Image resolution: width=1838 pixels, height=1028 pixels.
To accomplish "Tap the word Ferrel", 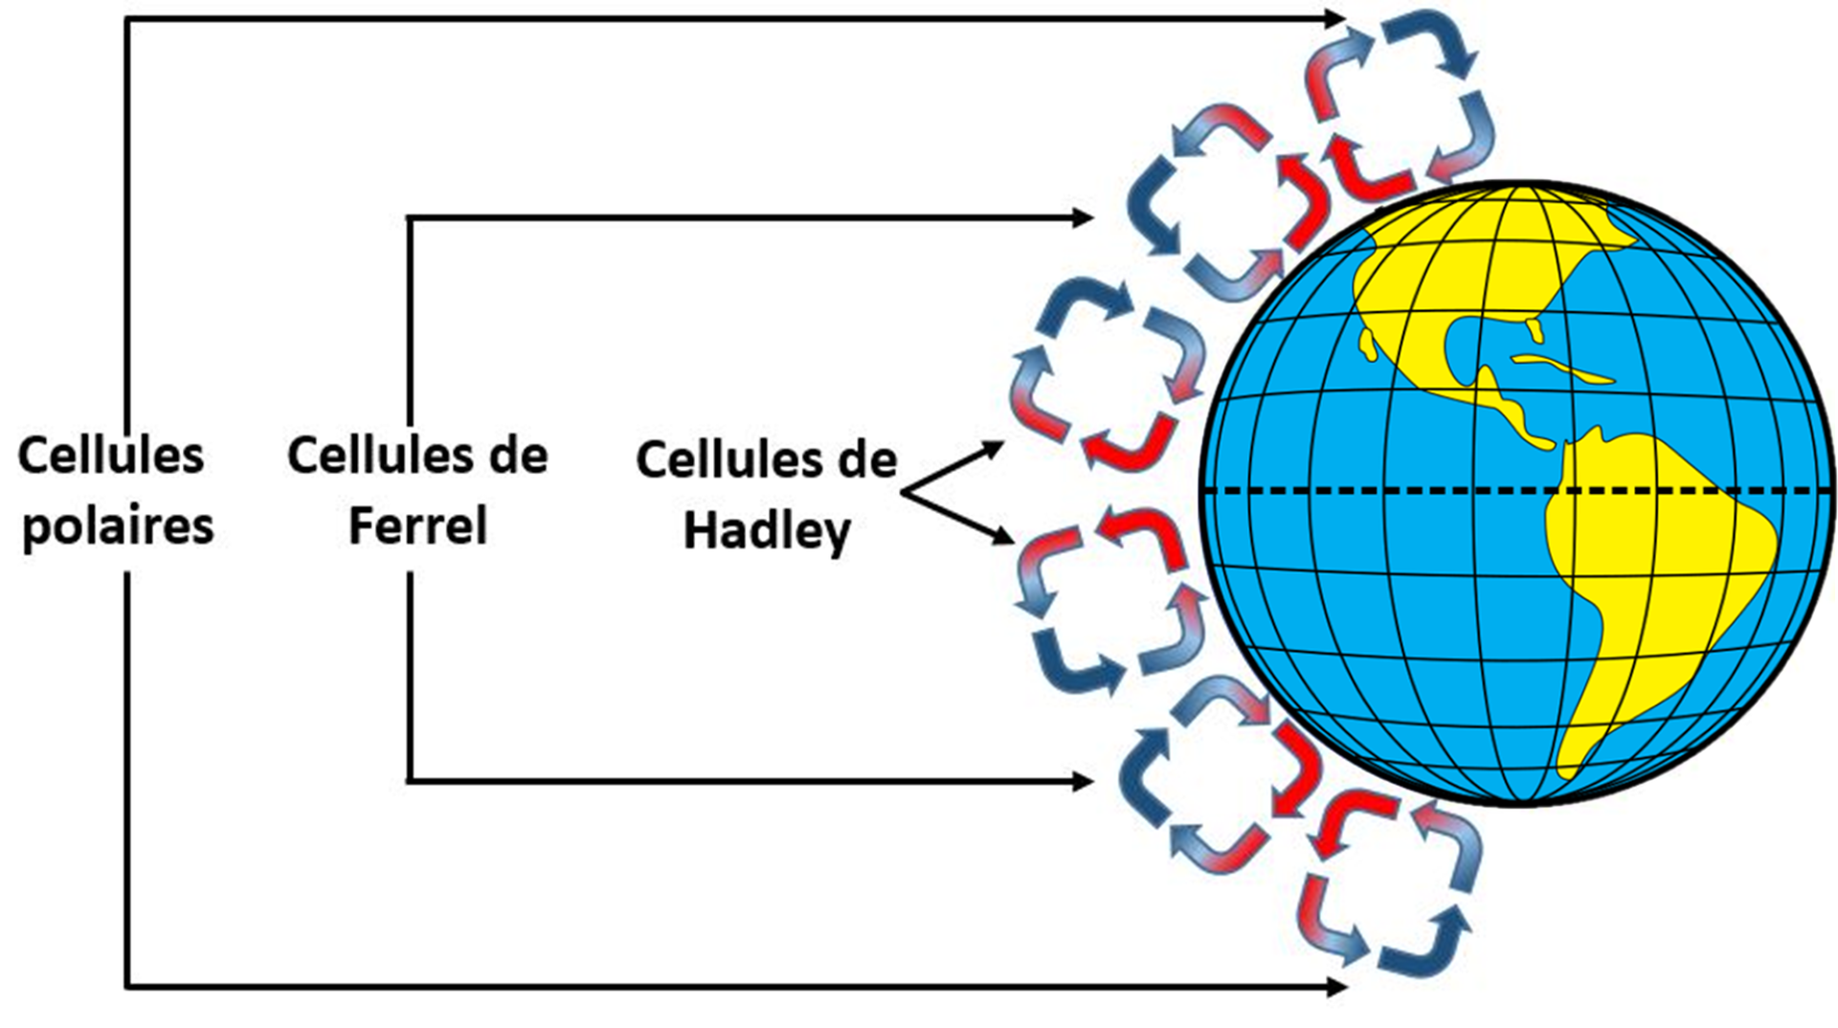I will click(x=417, y=525).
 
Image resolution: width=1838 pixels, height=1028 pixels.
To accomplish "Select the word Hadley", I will click(x=767, y=531).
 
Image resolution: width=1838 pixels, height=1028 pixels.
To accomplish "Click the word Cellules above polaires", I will click(x=111, y=456).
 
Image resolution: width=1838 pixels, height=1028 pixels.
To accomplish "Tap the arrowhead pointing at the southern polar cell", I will click(x=1336, y=986).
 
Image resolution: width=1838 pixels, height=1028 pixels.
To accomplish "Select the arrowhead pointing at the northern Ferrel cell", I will click(x=1083, y=218).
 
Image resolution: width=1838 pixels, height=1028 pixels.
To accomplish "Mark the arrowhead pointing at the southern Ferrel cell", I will click(x=1083, y=782).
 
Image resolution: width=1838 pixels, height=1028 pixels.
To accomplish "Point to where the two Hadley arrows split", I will click(x=903, y=492).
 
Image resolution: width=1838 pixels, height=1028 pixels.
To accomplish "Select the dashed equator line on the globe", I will click(x=1388, y=491).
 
